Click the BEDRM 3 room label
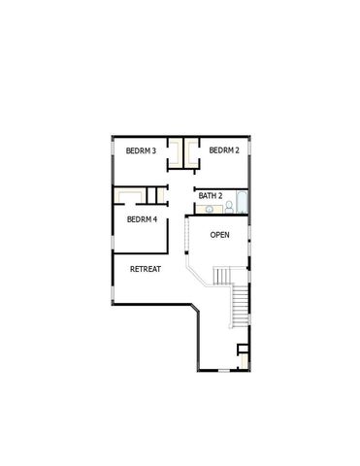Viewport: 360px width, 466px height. (142, 150)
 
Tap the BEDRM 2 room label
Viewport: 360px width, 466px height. (223, 150)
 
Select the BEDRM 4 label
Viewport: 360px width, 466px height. (142, 220)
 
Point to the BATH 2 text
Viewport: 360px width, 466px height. (211, 196)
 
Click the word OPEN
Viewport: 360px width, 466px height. (220, 235)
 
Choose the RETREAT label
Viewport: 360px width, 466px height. (146, 269)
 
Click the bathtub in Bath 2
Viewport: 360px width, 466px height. (243, 205)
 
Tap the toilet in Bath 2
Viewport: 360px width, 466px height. (230, 206)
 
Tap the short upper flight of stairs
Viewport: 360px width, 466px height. (223, 276)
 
